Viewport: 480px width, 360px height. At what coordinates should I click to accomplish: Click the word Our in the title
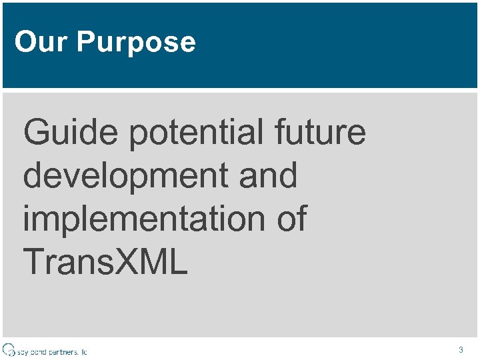pyautogui.click(x=41, y=42)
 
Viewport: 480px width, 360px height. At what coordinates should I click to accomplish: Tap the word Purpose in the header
pyautogui.click(x=136, y=43)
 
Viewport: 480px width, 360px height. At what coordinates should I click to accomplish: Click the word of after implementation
pyautogui.click(x=291, y=219)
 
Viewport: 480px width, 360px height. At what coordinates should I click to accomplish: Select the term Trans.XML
pyautogui.click(x=105, y=263)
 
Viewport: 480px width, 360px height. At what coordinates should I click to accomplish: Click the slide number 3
pyautogui.click(x=461, y=349)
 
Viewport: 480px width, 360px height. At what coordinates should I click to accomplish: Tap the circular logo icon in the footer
pyautogui.click(x=9, y=349)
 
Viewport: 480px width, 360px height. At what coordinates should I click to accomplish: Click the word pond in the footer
pyautogui.click(x=37, y=351)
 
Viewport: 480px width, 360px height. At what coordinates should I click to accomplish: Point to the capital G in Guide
pyautogui.click(x=37, y=132)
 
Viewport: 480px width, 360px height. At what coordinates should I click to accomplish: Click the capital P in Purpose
pyautogui.click(x=85, y=42)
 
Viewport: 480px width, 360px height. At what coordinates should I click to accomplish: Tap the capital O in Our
pyautogui.click(x=24, y=42)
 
